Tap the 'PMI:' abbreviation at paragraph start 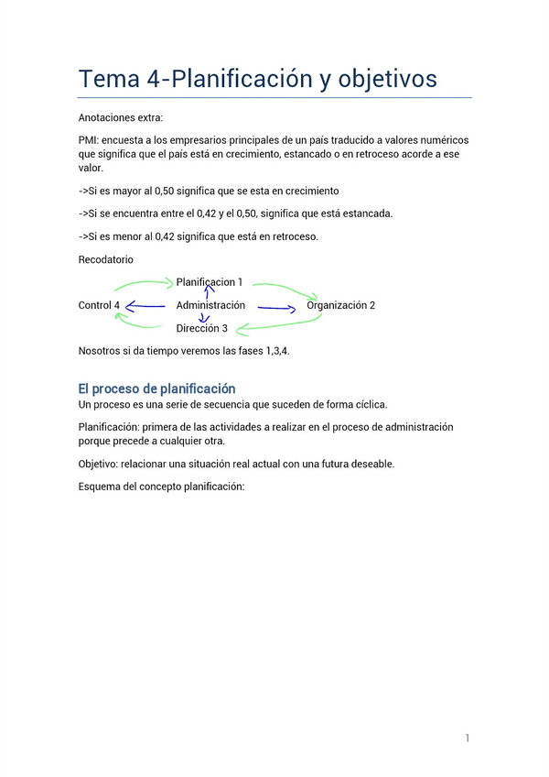(90, 140)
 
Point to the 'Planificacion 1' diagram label (210, 282)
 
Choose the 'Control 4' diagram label (99, 305)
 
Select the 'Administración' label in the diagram (210, 305)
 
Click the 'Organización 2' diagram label (340, 305)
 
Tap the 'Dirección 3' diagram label (202, 328)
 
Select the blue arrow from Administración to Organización (276, 308)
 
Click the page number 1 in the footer (467, 738)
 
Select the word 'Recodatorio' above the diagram (106, 260)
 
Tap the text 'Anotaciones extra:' (121, 117)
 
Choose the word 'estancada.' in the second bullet (366, 213)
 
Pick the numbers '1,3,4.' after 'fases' (274, 351)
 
